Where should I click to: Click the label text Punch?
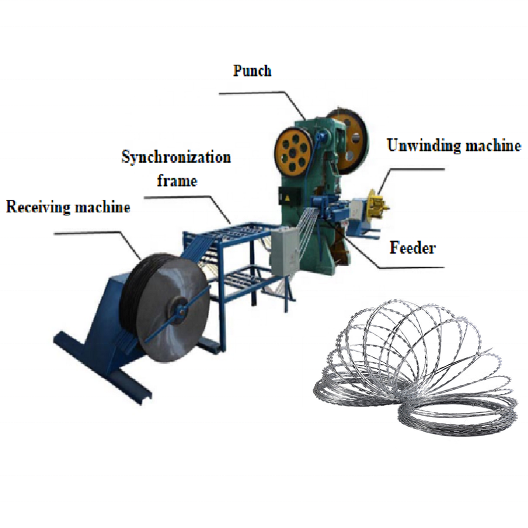pyautogui.click(x=252, y=71)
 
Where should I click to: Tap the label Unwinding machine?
pyautogui.click(x=454, y=146)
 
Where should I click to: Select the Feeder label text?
pyautogui.click(x=412, y=247)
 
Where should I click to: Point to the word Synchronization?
pyautogui.click(x=176, y=157)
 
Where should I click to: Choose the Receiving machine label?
pyautogui.click(x=68, y=207)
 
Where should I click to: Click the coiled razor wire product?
pyautogui.click(x=417, y=370)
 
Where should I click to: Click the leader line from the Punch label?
pyautogui.click(x=264, y=94)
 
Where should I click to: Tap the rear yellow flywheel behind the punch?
pyautogui.click(x=348, y=138)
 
